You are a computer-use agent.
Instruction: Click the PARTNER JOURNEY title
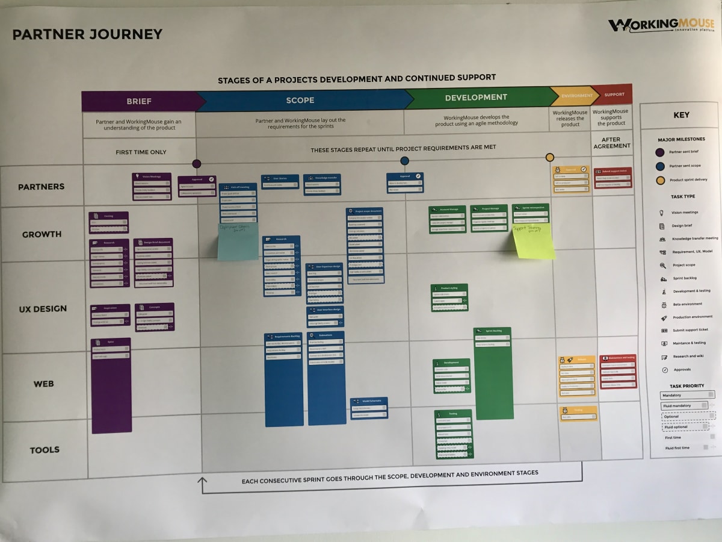[x=88, y=34]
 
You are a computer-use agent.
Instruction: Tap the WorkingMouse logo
[x=661, y=26]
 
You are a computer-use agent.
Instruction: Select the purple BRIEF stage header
[x=139, y=101]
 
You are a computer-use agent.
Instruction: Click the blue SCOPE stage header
[x=300, y=100]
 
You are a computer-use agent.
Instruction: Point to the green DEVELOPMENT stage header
[x=475, y=98]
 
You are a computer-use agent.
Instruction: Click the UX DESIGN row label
[x=43, y=309]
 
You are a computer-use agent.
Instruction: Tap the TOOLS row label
[x=45, y=450]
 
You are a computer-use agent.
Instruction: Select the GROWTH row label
[x=42, y=234]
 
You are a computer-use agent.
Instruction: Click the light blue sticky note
[x=238, y=241]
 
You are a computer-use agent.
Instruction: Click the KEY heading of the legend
[x=681, y=115]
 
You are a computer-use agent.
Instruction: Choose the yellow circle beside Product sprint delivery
[x=661, y=180]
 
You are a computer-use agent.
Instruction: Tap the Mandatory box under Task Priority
[x=687, y=395]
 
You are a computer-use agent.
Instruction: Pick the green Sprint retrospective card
[x=531, y=214]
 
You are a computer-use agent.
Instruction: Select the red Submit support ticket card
[x=613, y=178]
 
